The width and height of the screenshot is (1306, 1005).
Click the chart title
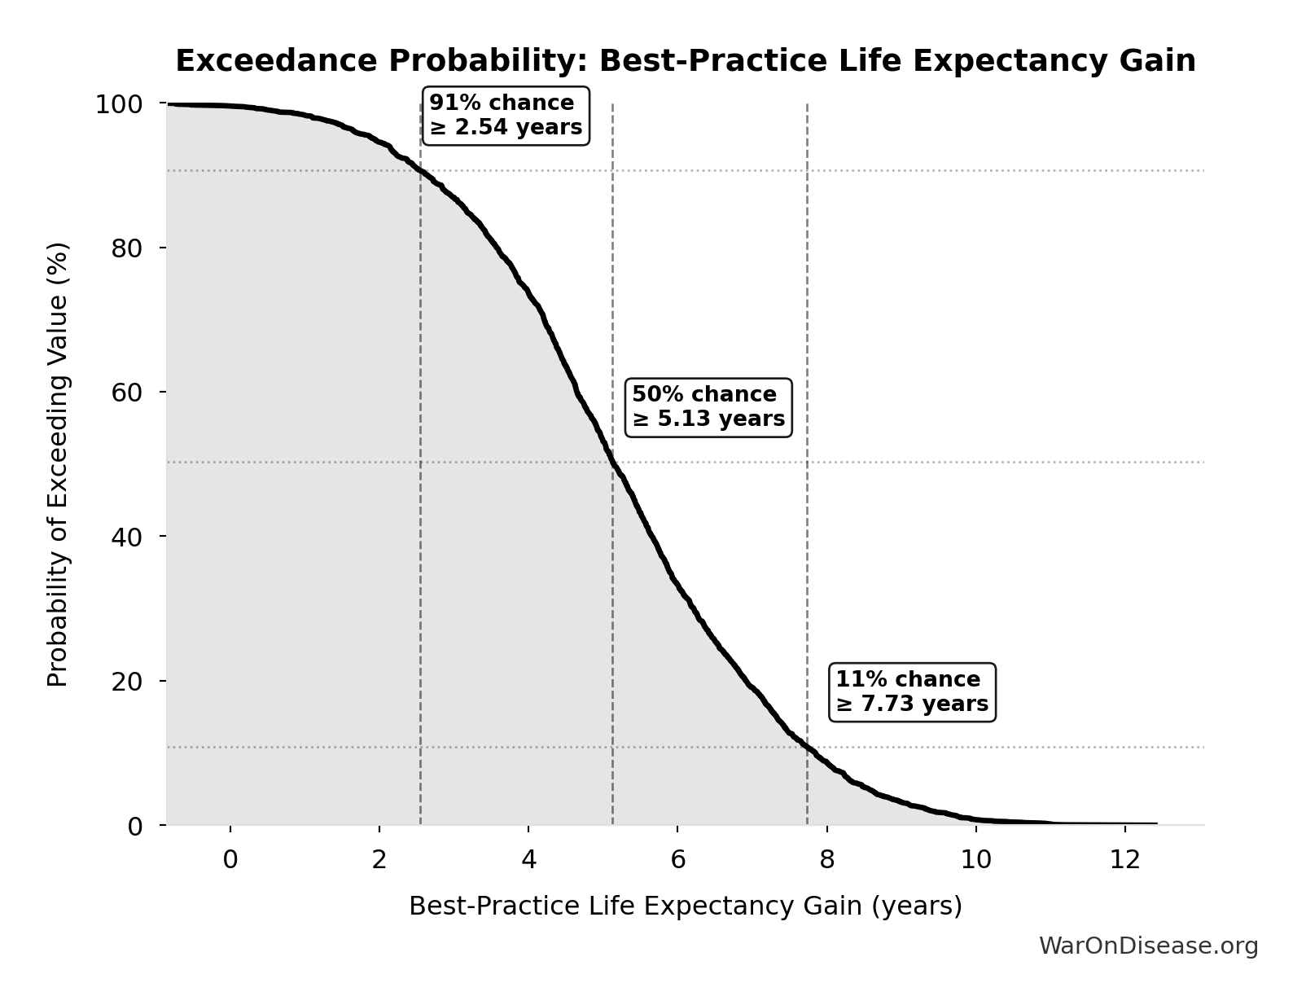[685, 62]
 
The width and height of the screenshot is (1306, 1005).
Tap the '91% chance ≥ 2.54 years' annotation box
[506, 116]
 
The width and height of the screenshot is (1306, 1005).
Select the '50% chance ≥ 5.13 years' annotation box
[708, 406]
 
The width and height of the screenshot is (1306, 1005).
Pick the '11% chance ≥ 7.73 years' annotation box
[912, 691]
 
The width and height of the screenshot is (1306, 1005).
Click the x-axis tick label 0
[230, 860]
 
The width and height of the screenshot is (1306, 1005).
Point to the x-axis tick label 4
[528, 860]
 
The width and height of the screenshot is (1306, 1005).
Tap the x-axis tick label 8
[826, 860]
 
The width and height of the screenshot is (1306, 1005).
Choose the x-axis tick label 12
[1124, 860]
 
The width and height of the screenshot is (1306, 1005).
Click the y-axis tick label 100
[119, 104]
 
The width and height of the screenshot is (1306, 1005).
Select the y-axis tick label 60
[127, 393]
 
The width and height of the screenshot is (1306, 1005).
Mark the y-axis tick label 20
[127, 681]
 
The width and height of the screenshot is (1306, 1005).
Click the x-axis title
[685, 906]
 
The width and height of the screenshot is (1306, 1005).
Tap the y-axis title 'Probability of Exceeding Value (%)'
[58, 464]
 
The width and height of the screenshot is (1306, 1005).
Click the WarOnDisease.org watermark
[1148, 946]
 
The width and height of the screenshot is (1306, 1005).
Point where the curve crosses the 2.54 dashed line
[420, 171]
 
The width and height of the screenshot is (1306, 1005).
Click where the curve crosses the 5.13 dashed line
[612, 463]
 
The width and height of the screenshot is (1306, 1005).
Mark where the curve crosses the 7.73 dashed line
[807, 746]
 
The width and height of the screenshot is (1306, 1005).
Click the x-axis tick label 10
[975, 860]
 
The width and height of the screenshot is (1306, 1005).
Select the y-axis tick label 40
[127, 537]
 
